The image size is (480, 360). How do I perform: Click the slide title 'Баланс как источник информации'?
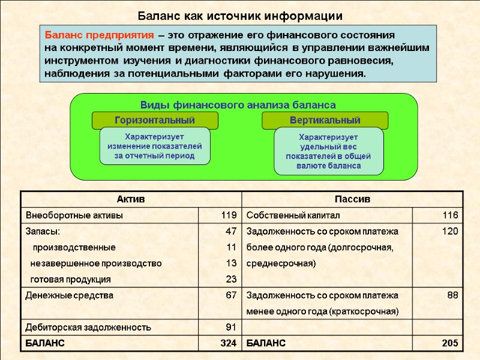[240, 16]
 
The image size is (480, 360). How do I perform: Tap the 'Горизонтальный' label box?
[155, 120]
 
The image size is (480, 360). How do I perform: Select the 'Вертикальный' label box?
[325, 120]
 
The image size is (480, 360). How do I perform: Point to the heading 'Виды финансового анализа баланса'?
[238, 105]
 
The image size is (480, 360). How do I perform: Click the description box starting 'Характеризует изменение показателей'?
[155, 146]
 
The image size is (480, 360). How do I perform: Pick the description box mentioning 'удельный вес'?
[328, 151]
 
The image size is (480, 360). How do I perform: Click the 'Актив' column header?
[130, 199]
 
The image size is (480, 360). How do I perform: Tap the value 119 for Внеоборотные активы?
[229, 215]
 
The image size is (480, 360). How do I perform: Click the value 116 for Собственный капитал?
[451, 215]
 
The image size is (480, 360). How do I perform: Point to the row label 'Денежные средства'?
[69, 295]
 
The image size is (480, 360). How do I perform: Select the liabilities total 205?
[450, 343]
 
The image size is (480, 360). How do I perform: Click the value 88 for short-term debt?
[452, 295]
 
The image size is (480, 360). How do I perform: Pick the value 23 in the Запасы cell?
[231, 279]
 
